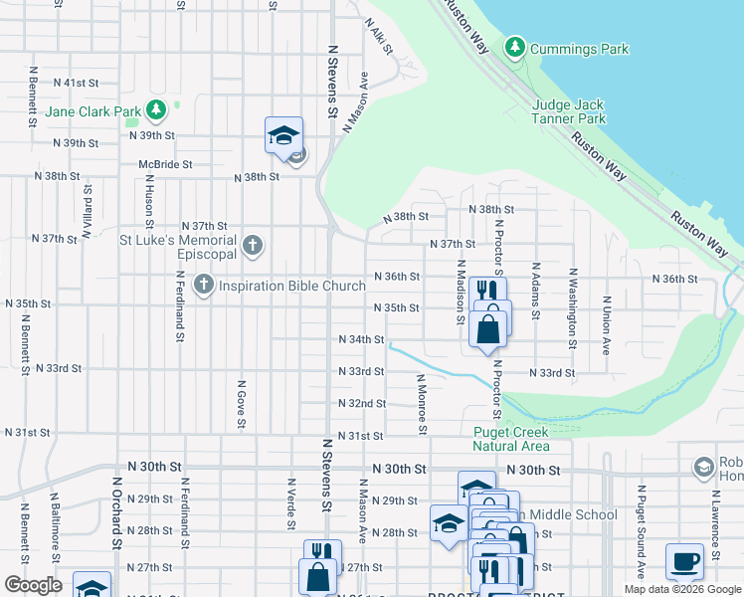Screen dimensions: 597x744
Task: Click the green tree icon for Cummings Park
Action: click(x=514, y=47)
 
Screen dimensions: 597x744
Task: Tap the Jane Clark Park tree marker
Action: click(x=155, y=109)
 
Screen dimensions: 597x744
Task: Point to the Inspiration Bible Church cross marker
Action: click(x=204, y=286)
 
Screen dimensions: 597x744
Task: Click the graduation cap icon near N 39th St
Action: click(x=283, y=135)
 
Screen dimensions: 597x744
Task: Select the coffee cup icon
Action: click(x=683, y=561)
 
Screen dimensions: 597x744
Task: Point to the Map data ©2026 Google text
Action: click(x=681, y=589)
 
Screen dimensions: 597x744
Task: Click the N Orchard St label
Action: click(x=116, y=516)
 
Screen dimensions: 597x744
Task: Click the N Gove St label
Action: click(x=241, y=403)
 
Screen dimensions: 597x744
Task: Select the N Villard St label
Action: click(x=87, y=212)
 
